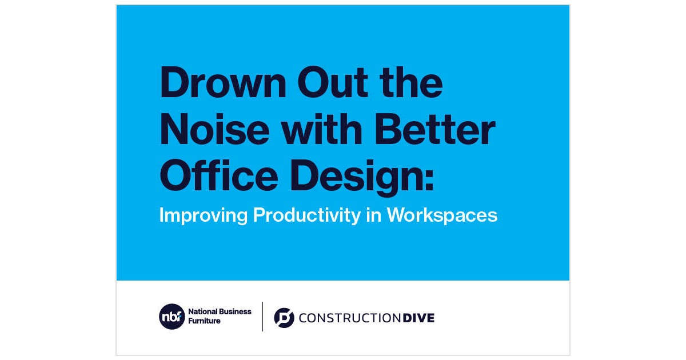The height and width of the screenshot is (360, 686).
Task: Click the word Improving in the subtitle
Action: click(x=204, y=215)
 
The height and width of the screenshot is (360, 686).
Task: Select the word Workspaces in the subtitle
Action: click(x=442, y=215)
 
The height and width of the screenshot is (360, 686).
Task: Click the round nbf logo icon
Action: click(x=172, y=317)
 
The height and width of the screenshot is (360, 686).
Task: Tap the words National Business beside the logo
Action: click(x=220, y=312)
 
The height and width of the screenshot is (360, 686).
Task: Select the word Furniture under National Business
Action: click(x=205, y=321)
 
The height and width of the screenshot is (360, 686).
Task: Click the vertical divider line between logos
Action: click(x=262, y=317)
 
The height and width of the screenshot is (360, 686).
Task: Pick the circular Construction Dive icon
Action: click(x=284, y=318)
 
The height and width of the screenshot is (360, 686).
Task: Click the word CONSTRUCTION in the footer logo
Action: click(x=349, y=318)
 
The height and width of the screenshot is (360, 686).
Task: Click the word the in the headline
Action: click(x=415, y=83)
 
